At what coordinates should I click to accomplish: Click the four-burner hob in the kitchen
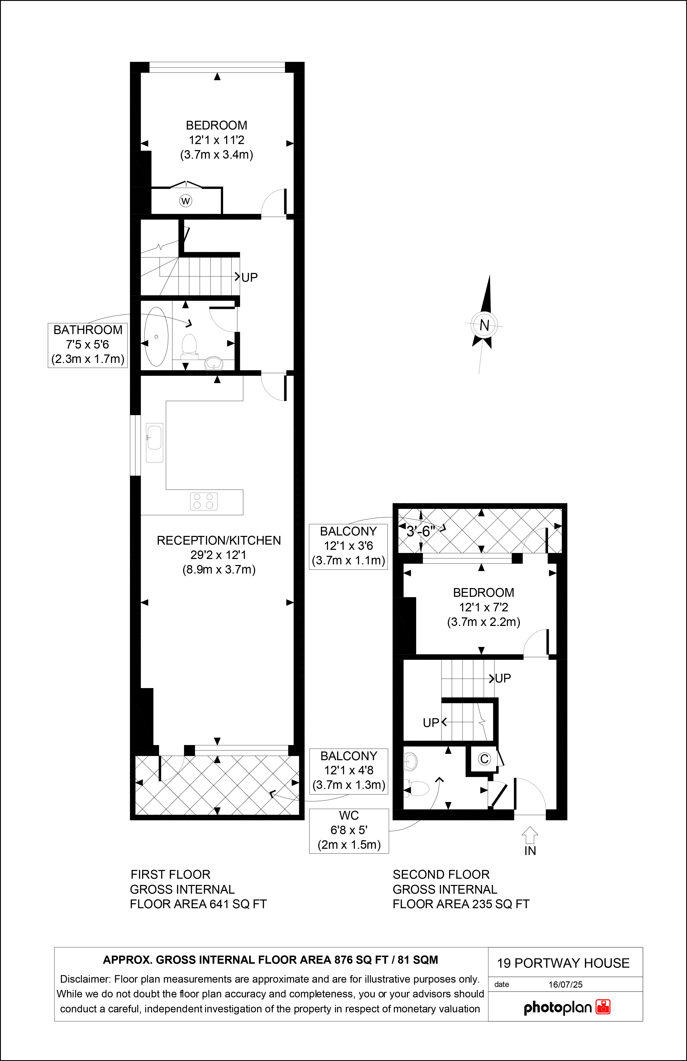click(204, 501)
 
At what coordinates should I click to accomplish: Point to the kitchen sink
click(154, 443)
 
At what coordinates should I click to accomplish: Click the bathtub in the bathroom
click(156, 337)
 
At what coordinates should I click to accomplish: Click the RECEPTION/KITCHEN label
click(219, 540)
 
